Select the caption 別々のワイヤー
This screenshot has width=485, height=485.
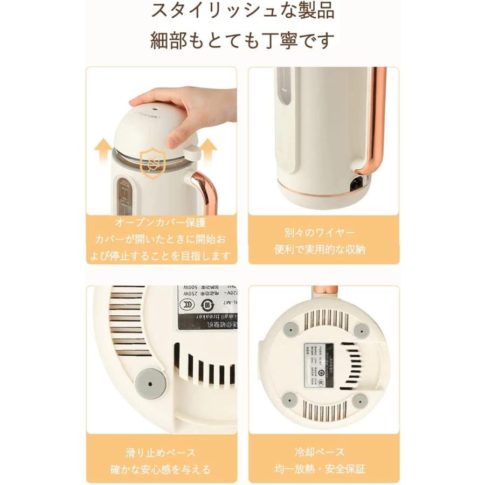pos(323,233)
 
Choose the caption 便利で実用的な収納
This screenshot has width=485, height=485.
pos(323,250)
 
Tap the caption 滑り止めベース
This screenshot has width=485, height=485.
pos(161,452)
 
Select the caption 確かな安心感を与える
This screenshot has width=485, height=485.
pos(161,469)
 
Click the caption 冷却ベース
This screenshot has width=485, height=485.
pos(323,452)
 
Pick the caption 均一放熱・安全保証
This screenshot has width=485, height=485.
pos(323,469)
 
